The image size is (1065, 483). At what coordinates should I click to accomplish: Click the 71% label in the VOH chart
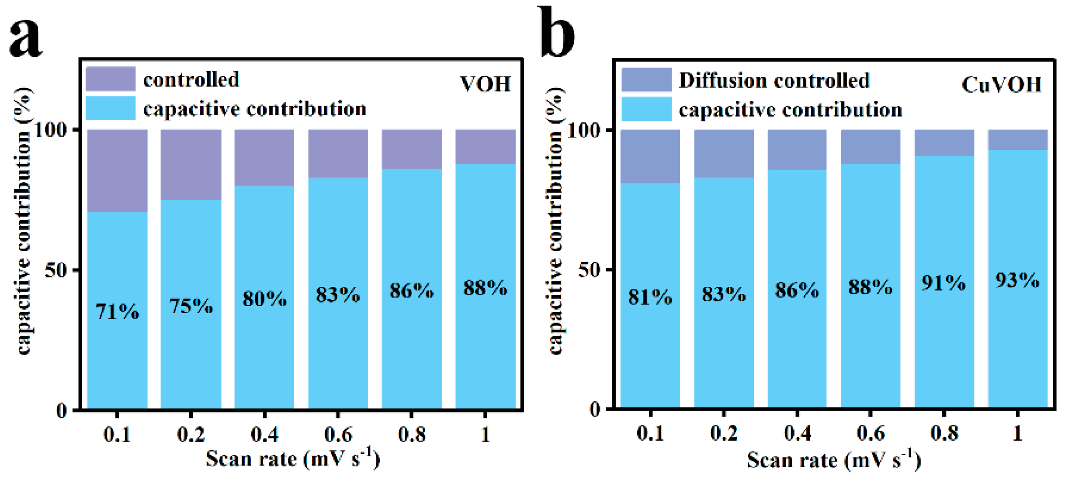click(117, 312)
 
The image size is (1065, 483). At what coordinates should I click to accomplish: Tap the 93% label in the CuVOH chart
click(1017, 280)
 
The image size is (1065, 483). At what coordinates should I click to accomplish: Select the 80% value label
click(264, 299)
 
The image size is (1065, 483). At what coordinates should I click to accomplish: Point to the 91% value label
click(944, 283)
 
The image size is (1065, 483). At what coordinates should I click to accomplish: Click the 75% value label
click(191, 306)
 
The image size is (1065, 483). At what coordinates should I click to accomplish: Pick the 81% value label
click(650, 297)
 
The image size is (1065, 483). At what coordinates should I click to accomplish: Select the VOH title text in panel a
click(485, 84)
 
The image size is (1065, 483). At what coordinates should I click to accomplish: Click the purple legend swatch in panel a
click(110, 79)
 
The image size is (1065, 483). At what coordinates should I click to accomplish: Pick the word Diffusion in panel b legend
click(714, 81)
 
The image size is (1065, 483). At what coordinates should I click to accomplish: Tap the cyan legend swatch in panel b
click(646, 109)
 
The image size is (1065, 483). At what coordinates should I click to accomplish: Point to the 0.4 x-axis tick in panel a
click(264, 434)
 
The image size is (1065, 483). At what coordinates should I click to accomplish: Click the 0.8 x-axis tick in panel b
click(944, 433)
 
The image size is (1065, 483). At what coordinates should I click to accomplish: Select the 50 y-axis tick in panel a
click(56, 270)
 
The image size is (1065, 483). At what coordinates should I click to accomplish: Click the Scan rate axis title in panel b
click(834, 460)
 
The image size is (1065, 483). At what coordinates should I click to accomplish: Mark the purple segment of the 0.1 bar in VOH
click(117, 170)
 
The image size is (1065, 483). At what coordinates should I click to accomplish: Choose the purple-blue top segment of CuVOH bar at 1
click(1018, 140)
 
